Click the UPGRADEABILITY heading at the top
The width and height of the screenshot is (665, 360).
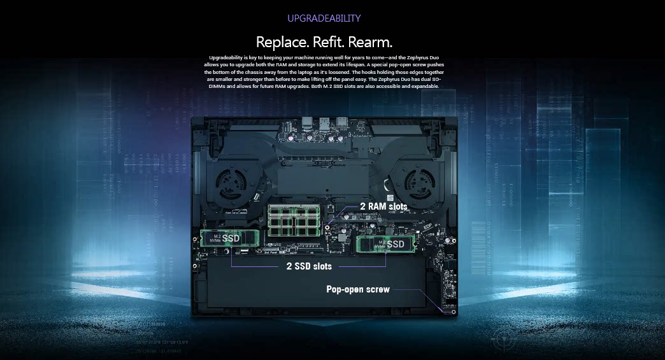(324, 18)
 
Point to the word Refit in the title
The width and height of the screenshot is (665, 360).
(325, 42)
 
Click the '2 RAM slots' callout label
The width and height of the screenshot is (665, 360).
(383, 206)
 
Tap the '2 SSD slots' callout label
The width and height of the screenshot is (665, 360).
(308, 266)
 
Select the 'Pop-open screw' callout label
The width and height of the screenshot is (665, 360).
(358, 289)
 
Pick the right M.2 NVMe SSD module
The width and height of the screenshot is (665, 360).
(385, 244)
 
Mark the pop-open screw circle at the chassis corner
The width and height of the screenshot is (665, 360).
(453, 312)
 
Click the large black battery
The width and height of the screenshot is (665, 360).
(318, 287)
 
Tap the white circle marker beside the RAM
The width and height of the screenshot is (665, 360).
(326, 226)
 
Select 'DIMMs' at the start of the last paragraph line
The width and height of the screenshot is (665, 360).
(214, 86)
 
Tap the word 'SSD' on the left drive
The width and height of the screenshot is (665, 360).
(232, 238)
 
